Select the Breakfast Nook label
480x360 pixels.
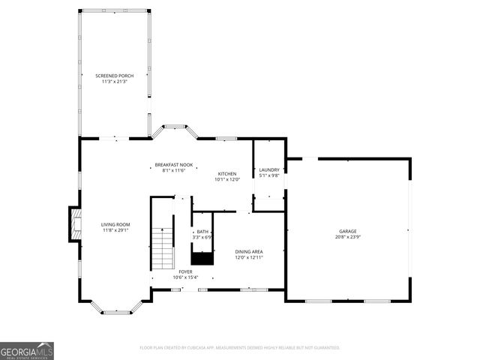[x=174, y=164]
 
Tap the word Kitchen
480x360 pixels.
[x=226, y=173]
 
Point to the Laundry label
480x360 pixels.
[x=269, y=169]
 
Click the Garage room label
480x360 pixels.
[x=347, y=231]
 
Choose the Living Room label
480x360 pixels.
[x=116, y=224]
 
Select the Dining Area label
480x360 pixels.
[x=249, y=251]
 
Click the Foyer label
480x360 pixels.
[x=185, y=271]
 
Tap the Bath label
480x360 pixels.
[x=202, y=232]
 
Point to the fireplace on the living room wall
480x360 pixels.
[x=74, y=224]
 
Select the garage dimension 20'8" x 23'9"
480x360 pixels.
[x=347, y=237]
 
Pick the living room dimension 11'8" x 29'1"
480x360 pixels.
[x=116, y=230]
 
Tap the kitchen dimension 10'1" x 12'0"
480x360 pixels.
[x=226, y=179]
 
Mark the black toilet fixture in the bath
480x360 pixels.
[x=202, y=257]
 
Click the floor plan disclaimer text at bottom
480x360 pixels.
[x=240, y=348]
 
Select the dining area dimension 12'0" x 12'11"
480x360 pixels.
[x=249, y=257]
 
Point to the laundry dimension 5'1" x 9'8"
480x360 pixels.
[x=269, y=175]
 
